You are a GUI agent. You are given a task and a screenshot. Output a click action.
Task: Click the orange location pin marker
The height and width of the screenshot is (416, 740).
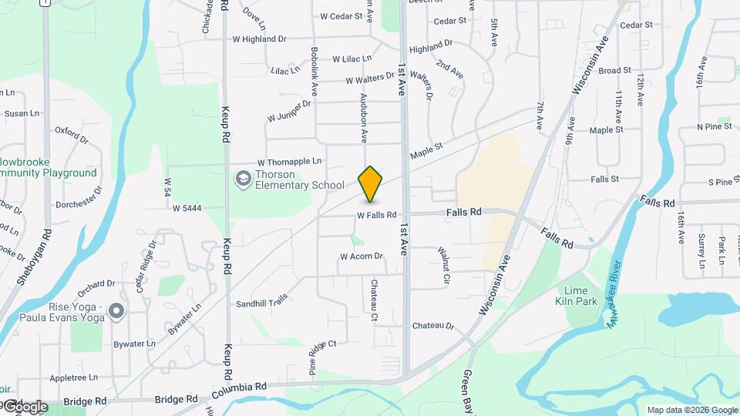(x=371, y=183)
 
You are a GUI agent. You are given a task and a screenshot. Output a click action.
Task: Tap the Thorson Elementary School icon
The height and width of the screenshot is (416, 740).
(x=244, y=179)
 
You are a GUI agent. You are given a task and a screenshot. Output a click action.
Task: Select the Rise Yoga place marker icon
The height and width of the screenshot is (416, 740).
(x=116, y=311)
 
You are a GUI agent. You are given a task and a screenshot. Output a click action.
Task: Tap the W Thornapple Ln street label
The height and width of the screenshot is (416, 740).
(x=289, y=163)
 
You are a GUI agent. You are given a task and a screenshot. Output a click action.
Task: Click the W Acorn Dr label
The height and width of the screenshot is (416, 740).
(x=362, y=257)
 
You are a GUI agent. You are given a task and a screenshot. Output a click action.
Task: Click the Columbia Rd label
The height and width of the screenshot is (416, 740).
(x=241, y=386)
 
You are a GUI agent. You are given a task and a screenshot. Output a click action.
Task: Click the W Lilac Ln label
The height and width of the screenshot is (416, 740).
(x=352, y=59)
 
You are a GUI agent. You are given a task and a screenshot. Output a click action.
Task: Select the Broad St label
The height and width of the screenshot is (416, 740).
(x=614, y=71)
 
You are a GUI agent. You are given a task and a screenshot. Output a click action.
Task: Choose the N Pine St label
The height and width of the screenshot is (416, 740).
(x=713, y=126)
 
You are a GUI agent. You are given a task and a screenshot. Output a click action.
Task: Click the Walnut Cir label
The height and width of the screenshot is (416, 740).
(x=443, y=266)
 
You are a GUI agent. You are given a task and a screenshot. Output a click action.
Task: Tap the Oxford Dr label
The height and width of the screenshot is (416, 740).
(x=72, y=135)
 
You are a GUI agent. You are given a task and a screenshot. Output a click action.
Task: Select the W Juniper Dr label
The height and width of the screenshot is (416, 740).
(x=289, y=111)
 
